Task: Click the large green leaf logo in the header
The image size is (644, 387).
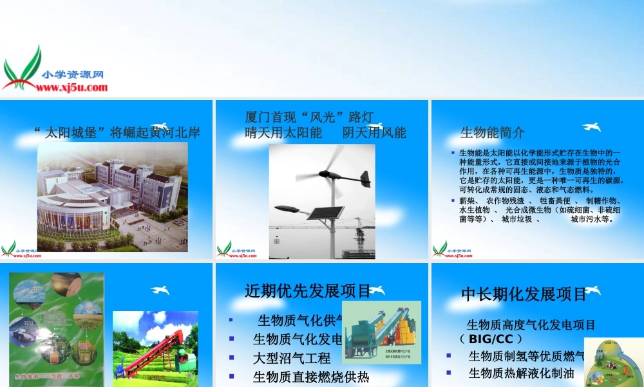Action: (x=23, y=67)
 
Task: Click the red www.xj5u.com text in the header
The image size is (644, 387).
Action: (x=75, y=87)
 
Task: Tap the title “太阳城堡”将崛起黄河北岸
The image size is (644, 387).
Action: (x=117, y=133)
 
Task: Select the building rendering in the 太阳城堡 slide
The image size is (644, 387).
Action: (x=112, y=196)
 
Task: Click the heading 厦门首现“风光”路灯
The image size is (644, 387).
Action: (x=310, y=117)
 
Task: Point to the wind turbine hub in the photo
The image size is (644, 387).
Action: (x=334, y=174)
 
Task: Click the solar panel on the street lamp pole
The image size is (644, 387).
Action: (x=326, y=212)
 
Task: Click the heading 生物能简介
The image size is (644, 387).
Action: (x=492, y=133)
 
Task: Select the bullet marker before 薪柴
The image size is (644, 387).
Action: (x=453, y=201)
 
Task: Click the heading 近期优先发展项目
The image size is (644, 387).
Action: (x=308, y=291)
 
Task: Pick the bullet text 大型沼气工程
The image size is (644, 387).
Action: (x=292, y=358)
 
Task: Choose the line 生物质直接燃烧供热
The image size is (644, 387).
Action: (x=310, y=377)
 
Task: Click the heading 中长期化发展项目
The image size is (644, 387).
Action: (x=524, y=294)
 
